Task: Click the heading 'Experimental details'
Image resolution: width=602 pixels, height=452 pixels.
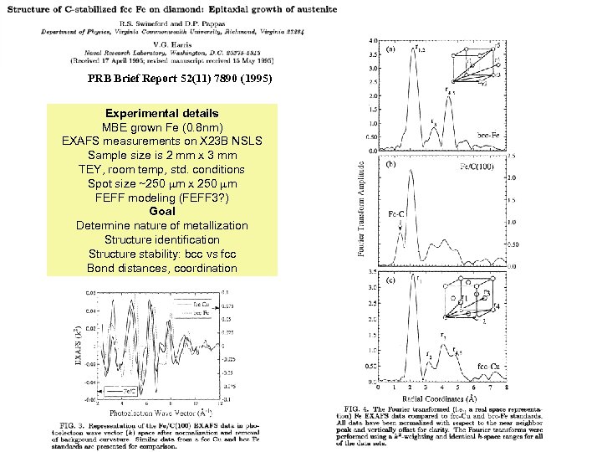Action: coord(162,113)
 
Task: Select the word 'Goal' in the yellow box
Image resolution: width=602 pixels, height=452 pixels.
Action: coord(161,212)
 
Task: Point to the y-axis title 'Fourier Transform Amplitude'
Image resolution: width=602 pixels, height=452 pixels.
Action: coord(361,209)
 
